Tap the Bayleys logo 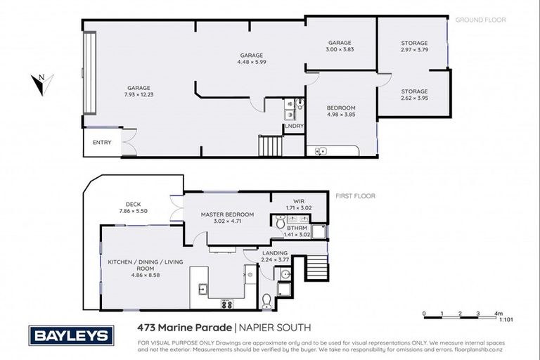(x=71, y=335)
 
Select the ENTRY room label (x=102, y=143)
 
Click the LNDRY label (x=294, y=126)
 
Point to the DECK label (x=134, y=205)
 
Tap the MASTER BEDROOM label (x=227, y=214)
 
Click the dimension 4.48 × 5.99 (x=251, y=61)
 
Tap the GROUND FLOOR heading (x=480, y=20)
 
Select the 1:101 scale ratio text (x=505, y=320)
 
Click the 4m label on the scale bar (x=499, y=314)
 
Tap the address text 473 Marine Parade (x=183, y=328)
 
